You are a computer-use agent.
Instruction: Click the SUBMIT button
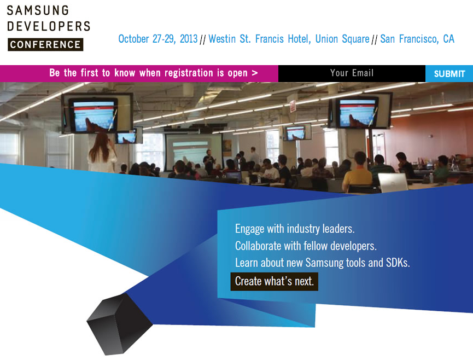(x=449, y=74)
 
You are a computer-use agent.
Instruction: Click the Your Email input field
(x=352, y=74)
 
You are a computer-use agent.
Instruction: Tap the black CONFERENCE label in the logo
(x=45, y=45)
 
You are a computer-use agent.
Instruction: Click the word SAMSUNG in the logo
(x=38, y=10)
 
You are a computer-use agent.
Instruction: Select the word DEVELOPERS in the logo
(x=49, y=26)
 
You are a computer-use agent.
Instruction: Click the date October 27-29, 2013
(x=158, y=39)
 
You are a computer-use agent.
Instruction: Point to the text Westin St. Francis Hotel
(x=259, y=39)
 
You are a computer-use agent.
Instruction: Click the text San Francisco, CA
(x=417, y=39)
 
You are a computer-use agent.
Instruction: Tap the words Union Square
(x=342, y=39)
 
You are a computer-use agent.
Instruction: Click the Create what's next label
(x=274, y=282)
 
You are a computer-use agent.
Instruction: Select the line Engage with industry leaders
(x=295, y=229)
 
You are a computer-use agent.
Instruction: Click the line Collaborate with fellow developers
(x=306, y=246)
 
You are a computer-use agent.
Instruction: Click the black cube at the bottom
(x=119, y=324)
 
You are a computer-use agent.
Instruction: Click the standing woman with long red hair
(x=102, y=153)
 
